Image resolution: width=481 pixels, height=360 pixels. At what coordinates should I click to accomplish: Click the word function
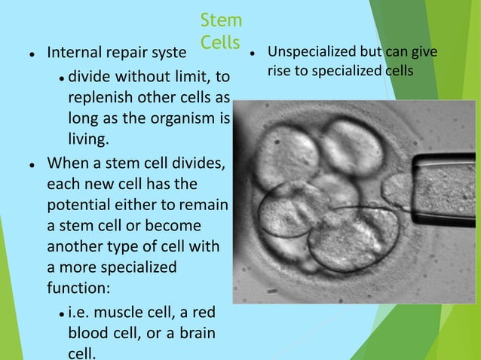point(78,288)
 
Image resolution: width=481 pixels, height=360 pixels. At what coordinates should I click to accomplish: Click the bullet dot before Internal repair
point(30,54)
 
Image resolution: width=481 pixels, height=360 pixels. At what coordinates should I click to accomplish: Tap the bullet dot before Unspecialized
point(256,53)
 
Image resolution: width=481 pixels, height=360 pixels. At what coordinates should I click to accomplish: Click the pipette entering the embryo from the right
point(445,181)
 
